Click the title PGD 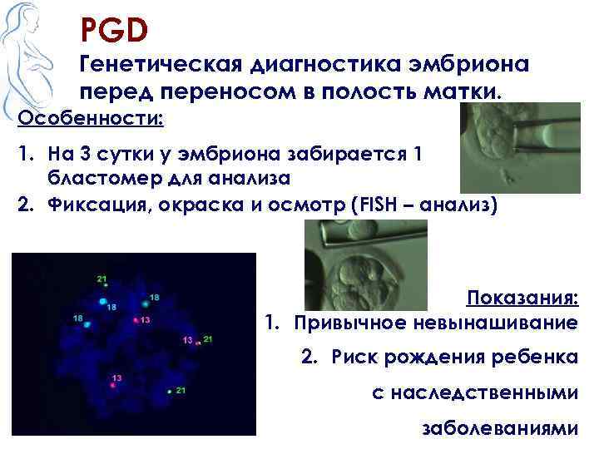[114, 30]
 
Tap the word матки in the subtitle [468, 92]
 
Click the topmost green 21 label [101, 279]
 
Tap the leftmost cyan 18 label [77, 318]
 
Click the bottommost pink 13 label [117, 378]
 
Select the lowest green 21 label [181, 390]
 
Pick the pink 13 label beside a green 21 [187, 340]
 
